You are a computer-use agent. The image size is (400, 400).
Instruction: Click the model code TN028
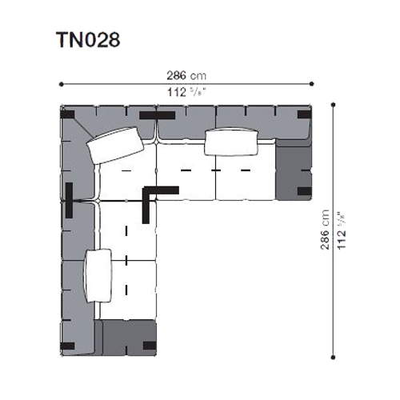tap(88, 40)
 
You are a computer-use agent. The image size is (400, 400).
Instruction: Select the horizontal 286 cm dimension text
tap(186, 75)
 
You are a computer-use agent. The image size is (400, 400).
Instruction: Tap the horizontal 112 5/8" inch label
tap(187, 93)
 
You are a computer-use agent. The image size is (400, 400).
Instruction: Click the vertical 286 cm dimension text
tap(325, 230)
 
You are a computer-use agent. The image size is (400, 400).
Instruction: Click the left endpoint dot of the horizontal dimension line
tap(62, 84)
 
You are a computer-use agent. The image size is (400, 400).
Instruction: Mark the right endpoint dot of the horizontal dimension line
tap(311, 84)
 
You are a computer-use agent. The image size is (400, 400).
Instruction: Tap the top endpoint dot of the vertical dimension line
tap(333, 105)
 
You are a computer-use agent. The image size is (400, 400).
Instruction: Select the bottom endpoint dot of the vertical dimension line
tap(333, 358)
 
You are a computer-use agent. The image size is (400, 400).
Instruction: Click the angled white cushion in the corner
tap(115, 145)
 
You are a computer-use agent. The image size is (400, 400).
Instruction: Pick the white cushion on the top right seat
tap(231, 142)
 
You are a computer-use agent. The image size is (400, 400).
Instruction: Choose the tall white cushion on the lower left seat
tap(98, 276)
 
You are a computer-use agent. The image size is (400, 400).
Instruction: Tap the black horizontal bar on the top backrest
tap(158, 115)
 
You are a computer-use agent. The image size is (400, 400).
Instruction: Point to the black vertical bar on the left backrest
tap(69, 200)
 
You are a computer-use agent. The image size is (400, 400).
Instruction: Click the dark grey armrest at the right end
tap(294, 170)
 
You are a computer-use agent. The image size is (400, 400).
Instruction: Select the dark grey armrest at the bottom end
tap(126, 338)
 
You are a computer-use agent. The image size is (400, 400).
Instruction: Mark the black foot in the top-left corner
tap(67, 114)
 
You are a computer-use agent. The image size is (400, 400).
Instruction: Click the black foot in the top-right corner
tap(305, 114)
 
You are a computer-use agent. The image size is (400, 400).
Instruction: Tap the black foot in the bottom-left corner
tap(67, 346)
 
